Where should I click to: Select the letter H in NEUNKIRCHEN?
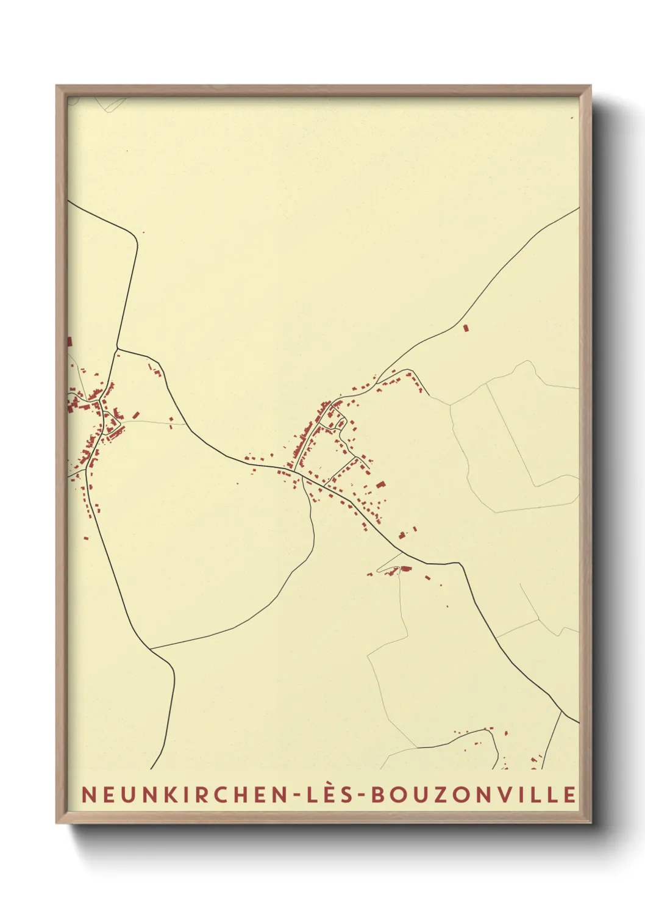click(x=235, y=794)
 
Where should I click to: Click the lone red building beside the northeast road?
click(x=466, y=328)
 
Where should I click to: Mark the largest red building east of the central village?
click(x=381, y=485)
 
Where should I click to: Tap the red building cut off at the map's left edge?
click(x=69, y=342)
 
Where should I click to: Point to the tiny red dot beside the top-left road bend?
click(x=143, y=232)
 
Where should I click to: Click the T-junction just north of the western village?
click(x=118, y=349)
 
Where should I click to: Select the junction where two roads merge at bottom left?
click(x=151, y=649)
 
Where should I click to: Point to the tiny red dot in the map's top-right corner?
click(x=572, y=118)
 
